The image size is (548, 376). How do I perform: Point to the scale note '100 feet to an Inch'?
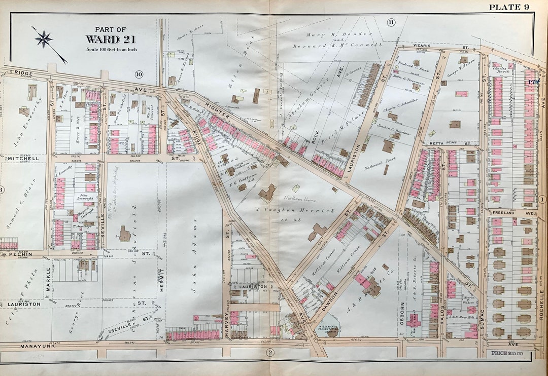pyautogui.click(x=112, y=50)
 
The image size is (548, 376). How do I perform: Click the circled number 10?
pyautogui.click(x=139, y=75)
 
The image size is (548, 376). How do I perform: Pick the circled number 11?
pyautogui.click(x=391, y=22)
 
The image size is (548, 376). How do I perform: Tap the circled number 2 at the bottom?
pyautogui.click(x=270, y=353)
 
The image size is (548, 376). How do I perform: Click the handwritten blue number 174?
pyautogui.click(x=533, y=81)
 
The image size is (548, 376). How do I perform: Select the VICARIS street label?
pyautogui.click(x=422, y=45)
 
